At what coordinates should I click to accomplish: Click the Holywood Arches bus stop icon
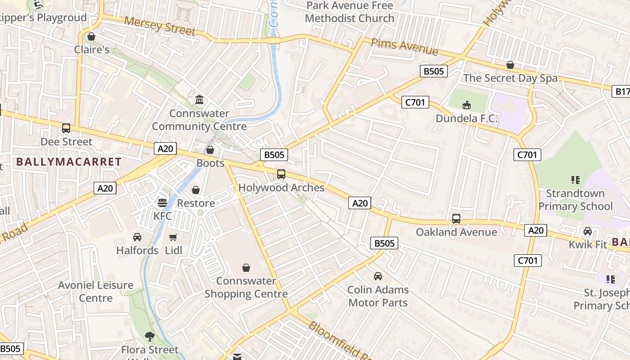pyautogui.click(x=281, y=174)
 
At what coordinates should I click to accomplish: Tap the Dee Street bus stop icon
pyautogui.click(x=66, y=128)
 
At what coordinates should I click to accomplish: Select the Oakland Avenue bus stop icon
pyautogui.click(x=456, y=219)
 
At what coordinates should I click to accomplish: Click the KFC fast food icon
pyautogui.click(x=162, y=203)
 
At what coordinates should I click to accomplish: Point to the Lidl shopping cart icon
pyautogui.click(x=173, y=237)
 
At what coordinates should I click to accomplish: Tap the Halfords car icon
pyautogui.click(x=137, y=237)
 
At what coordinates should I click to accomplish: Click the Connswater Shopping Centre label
pyautogui.click(x=246, y=287)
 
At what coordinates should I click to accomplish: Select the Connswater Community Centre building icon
pyautogui.click(x=199, y=99)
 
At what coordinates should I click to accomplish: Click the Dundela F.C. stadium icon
pyautogui.click(x=467, y=105)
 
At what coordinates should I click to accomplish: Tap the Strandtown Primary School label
pyautogui.click(x=576, y=200)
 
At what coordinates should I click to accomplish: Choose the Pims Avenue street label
pyautogui.click(x=404, y=46)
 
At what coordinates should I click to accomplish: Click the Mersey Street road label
pyautogui.click(x=160, y=26)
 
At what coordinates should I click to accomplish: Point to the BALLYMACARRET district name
pyautogui.click(x=69, y=162)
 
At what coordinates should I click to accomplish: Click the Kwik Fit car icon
pyautogui.click(x=587, y=231)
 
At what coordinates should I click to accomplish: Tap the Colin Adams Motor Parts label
pyautogui.click(x=378, y=296)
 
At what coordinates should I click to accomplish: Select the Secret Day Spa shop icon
pyautogui.click(x=510, y=65)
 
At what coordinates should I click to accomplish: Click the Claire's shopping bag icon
pyautogui.click(x=91, y=36)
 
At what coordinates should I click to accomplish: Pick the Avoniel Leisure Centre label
pyautogui.click(x=96, y=291)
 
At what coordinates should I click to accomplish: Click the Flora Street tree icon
pyautogui.click(x=149, y=336)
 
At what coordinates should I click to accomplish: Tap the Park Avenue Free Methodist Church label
pyautogui.click(x=350, y=12)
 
